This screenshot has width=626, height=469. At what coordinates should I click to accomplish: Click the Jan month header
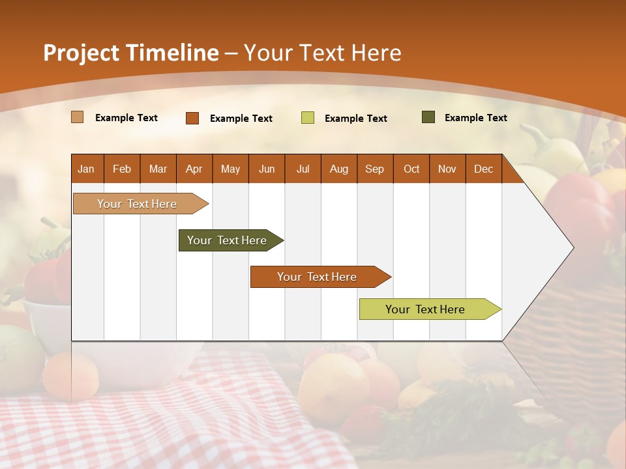[86, 169]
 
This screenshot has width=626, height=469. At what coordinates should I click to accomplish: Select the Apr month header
[194, 169]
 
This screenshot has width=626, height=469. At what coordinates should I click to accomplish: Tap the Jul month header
[303, 169]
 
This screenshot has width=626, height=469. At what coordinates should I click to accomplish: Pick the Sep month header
[374, 169]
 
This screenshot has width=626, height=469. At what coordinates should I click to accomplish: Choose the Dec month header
[483, 169]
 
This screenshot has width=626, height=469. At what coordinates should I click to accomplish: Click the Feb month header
[122, 169]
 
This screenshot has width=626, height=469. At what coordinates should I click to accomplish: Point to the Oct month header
[411, 169]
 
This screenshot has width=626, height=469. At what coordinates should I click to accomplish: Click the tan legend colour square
[77, 117]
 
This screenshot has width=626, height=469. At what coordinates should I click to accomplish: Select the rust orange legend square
[192, 118]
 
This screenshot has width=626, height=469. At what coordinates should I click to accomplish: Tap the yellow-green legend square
[307, 118]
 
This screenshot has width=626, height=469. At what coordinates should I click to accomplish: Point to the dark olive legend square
[428, 117]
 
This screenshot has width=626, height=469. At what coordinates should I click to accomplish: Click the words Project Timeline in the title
[131, 53]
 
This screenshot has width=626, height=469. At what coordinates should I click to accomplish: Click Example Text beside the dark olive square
[475, 118]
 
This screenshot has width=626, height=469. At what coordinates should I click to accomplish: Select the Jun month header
[267, 169]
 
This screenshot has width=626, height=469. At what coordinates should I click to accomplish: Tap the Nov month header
[447, 169]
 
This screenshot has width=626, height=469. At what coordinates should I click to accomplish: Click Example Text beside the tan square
[127, 118]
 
